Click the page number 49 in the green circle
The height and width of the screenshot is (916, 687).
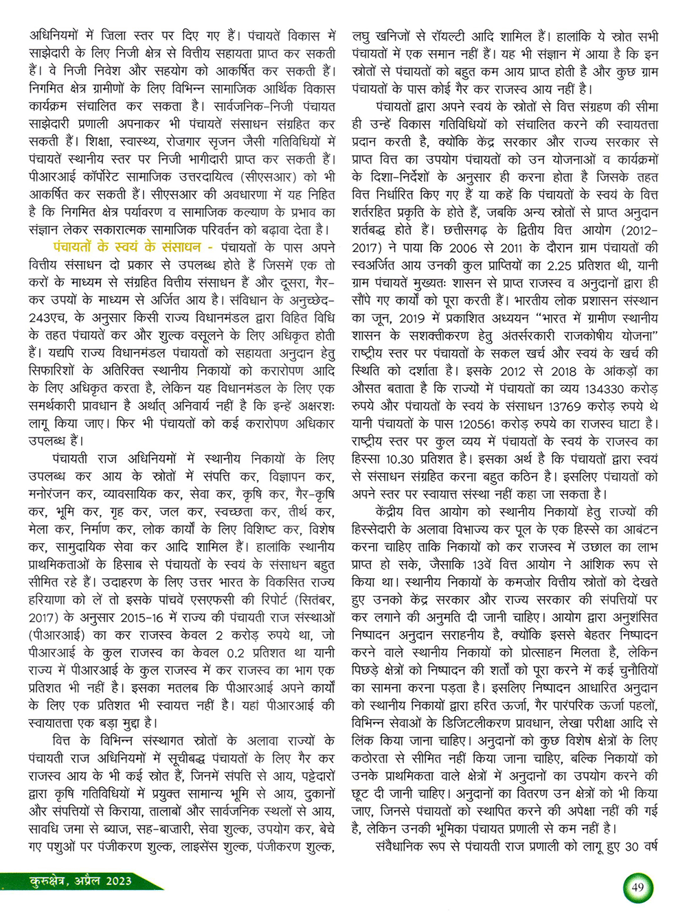638,887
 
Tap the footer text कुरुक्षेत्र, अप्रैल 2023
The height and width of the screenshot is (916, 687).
75,882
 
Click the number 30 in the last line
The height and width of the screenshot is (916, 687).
632,846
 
